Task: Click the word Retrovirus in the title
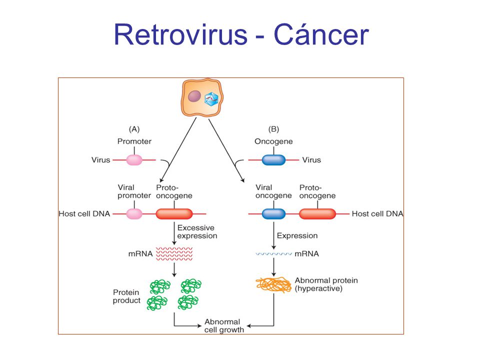pyautogui.click(x=180, y=34)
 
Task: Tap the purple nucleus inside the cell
pyautogui.click(x=194, y=96)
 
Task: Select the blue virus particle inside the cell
pyautogui.click(x=211, y=99)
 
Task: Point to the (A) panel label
pyautogui.click(x=134, y=129)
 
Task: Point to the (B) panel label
pyautogui.click(x=273, y=129)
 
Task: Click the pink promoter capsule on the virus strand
pyautogui.click(x=134, y=160)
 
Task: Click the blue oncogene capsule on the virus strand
pyautogui.click(x=273, y=160)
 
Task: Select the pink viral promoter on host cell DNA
pyautogui.click(x=134, y=214)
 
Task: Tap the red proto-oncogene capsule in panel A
pyautogui.click(x=174, y=214)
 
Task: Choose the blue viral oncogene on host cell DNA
pyautogui.click(x=273, y=214)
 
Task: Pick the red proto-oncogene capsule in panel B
pyautogui.click(x=317, y=214)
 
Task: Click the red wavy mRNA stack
pyautogui.click(x=174, y=254)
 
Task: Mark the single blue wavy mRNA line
pyautogui.click(x=273, y=254)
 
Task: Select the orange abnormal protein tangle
pyautogui.click(x=273, y=284)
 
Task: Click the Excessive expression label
pyautogui.click(x=197, y=231)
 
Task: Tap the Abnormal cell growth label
pyautogui.click(x=224, y=325)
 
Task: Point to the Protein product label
pyautogui.click(x=126, y=296)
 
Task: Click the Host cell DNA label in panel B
pyautogui.click(x=377, y=213)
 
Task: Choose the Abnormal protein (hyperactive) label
pyautogui.click(x=326, y=284)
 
